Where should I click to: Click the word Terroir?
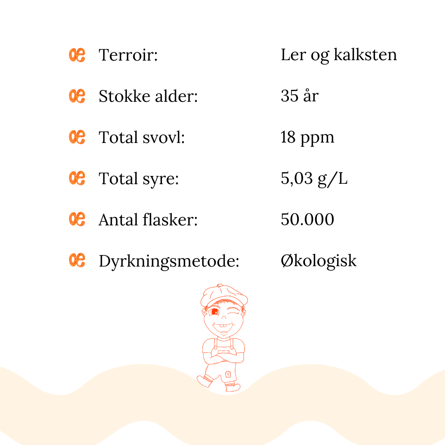point(128,55)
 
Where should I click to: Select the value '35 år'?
point(300,96)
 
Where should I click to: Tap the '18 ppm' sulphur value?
point(307,138)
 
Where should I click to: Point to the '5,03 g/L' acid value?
point(314,179)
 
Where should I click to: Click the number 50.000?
point(307,220)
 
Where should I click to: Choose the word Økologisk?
point(319,261)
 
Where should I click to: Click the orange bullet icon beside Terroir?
point(77,55)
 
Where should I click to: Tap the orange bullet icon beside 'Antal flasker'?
point(77,219)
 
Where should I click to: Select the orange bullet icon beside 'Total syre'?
point(77,178)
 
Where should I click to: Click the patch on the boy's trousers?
point(227,375)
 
